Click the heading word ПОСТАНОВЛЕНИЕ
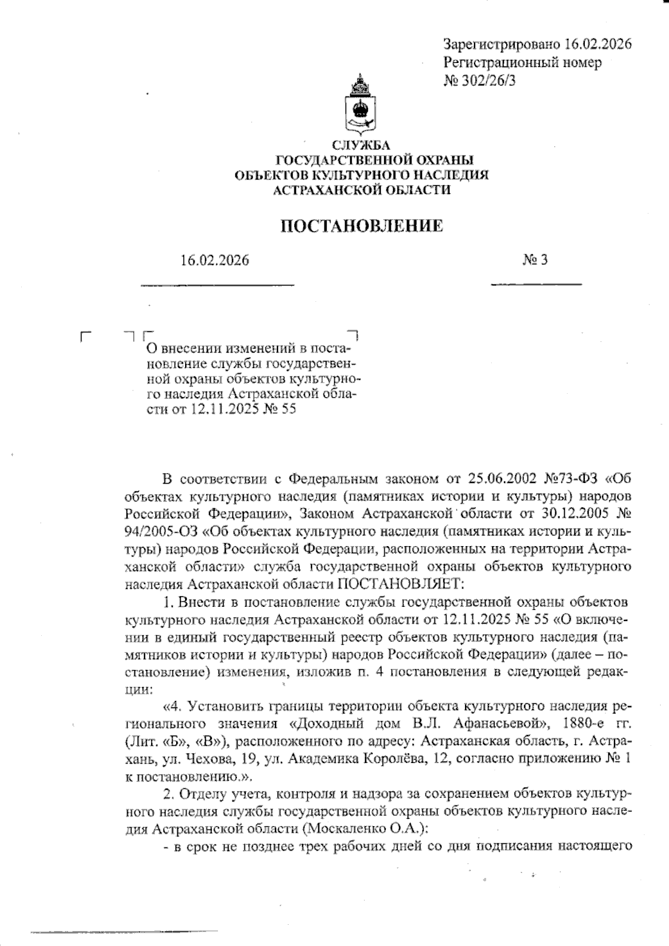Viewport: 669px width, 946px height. click(x=361, y=226)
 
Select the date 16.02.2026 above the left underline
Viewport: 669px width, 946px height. click(x=215, y=260)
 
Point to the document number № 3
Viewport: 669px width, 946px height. click(x=535, y=260)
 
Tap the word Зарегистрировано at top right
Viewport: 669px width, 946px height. click(x=500, y=44)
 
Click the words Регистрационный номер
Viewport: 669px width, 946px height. click(x=522, y=62)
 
